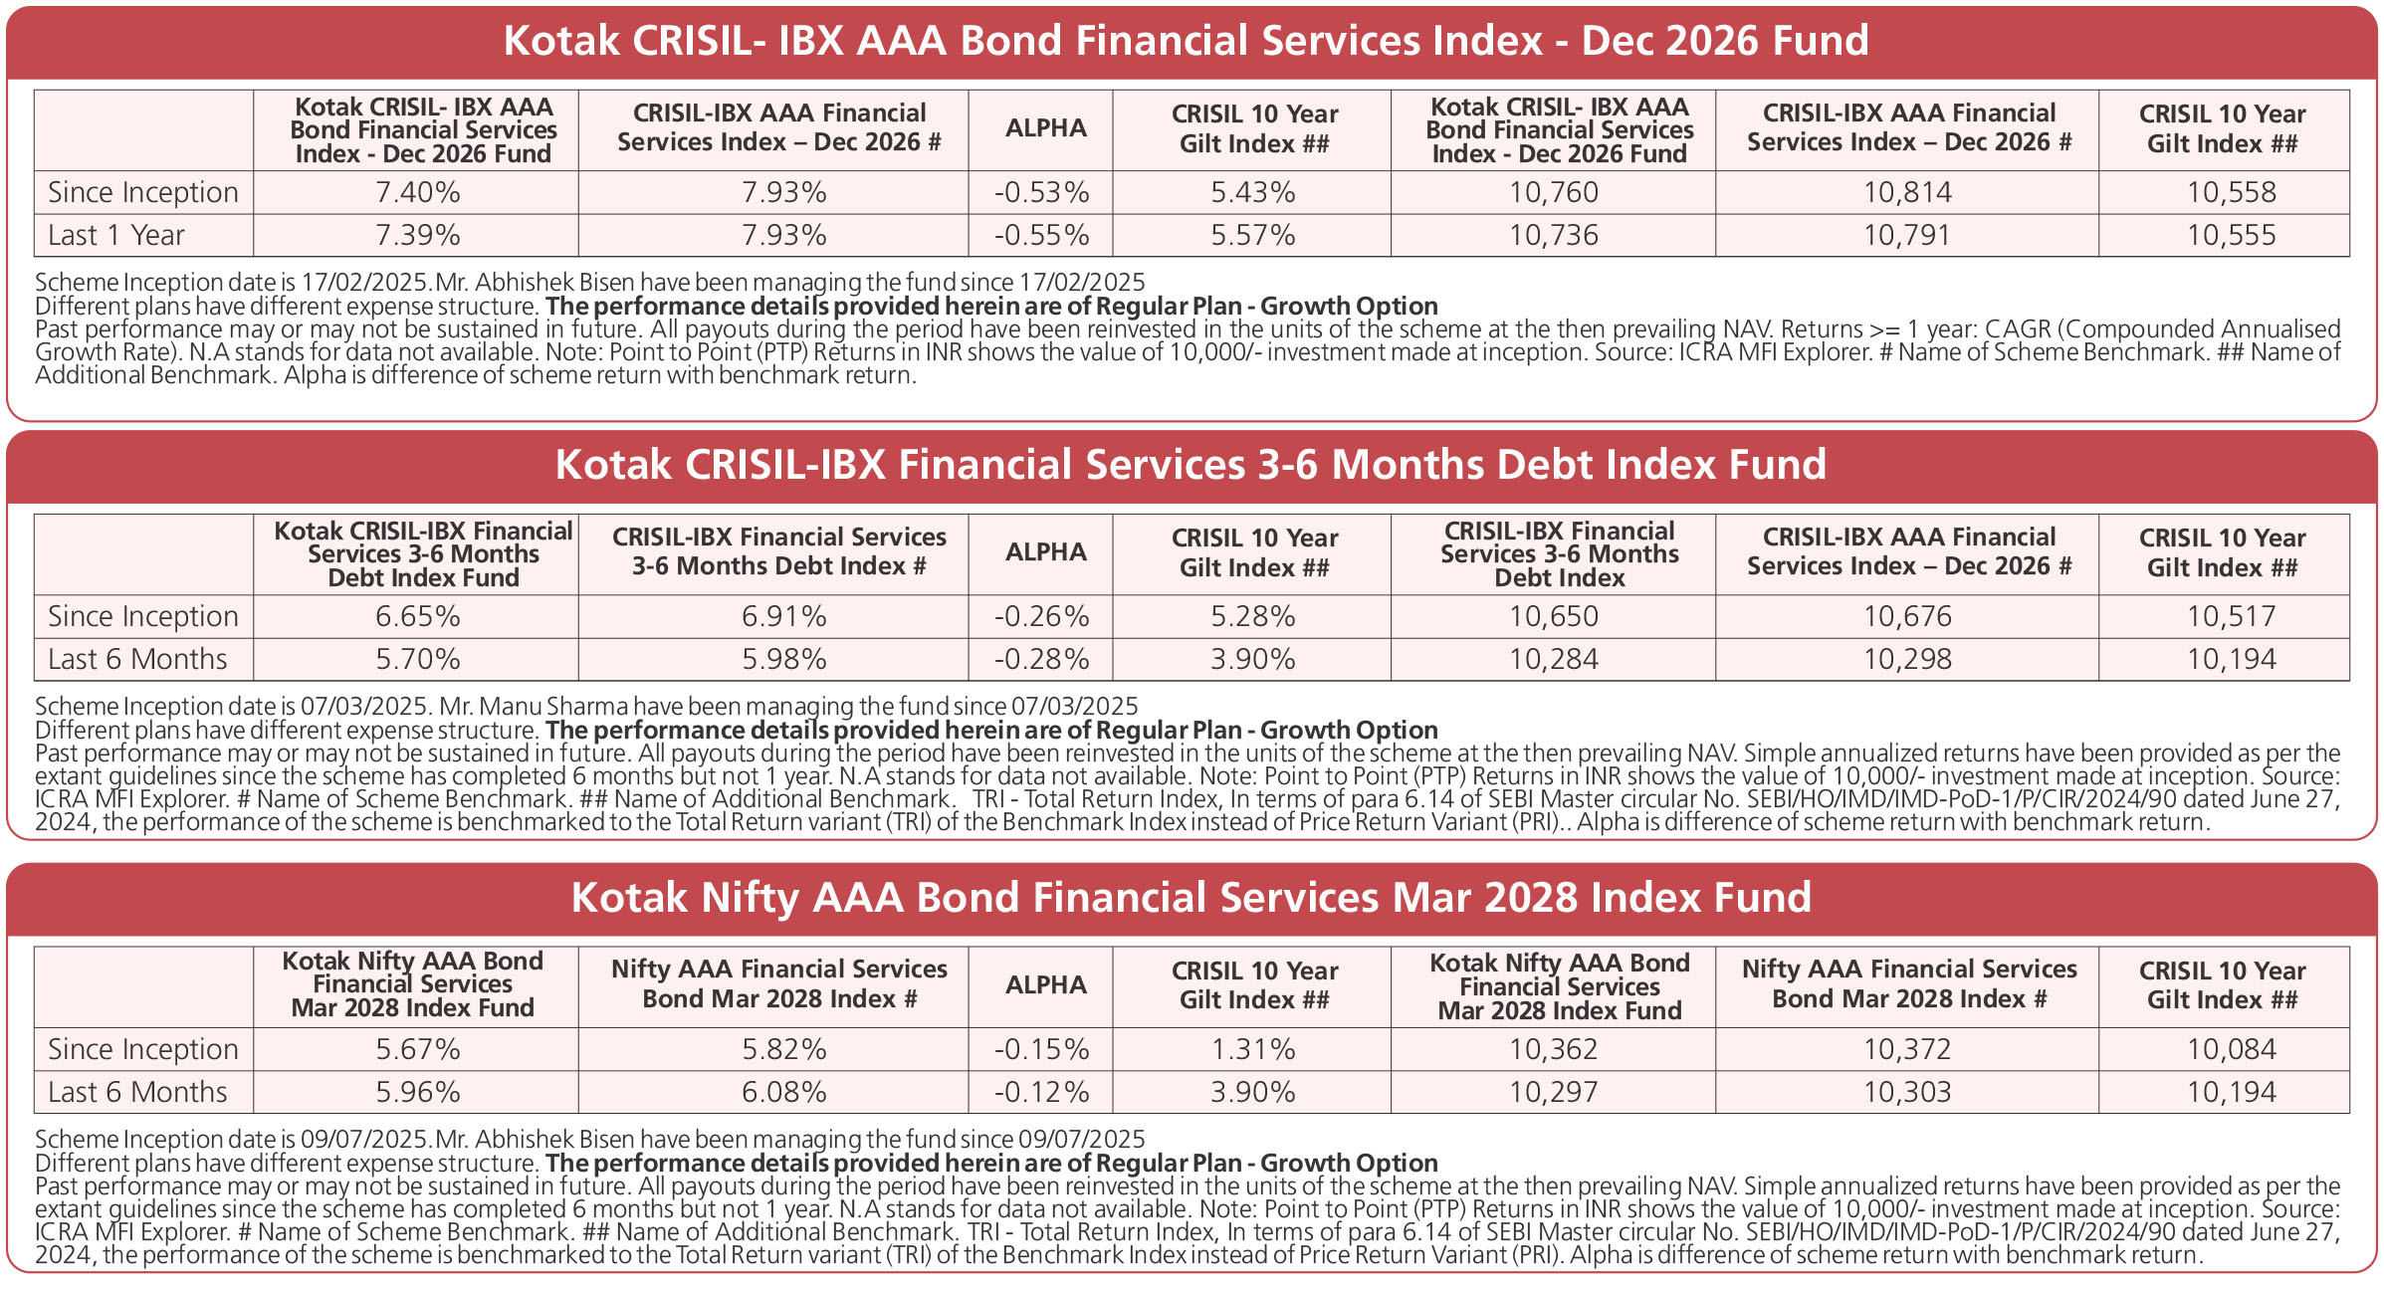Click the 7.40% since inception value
(417, 192)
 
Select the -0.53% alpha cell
(1041, 192)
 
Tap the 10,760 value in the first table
(1553, 192)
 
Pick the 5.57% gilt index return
(1252, 236)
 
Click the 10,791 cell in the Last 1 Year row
(1907, 236)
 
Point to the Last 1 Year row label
(116, 236)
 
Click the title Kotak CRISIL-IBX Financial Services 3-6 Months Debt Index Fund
(1191, 465)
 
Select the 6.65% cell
(417, 616)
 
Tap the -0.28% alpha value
(1041, 659)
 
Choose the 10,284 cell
(1553, 659)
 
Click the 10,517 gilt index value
(2231, 616)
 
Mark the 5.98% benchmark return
(783, 659)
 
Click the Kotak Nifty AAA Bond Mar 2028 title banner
(1191, 898)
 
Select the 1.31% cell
(1252, 1049)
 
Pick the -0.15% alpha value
(1041, 1049)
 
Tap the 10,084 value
(2231, 1049)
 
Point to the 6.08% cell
(783, 1092)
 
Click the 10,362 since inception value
(1553, 1049)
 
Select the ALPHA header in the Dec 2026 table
(1045, 128)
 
